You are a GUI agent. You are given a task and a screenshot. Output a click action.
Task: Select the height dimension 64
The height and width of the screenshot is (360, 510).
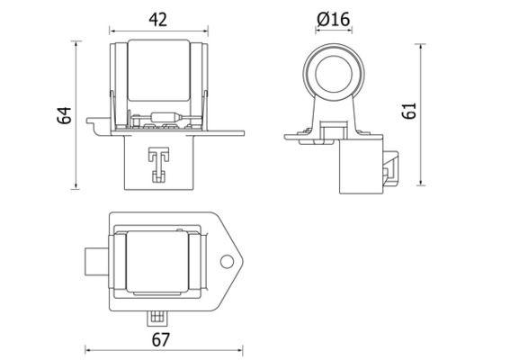tap(63, 115)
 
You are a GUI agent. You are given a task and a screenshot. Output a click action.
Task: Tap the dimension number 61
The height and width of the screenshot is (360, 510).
tap(409, 112)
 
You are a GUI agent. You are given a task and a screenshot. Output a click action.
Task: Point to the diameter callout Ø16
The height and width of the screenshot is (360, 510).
tap(334, 17)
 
